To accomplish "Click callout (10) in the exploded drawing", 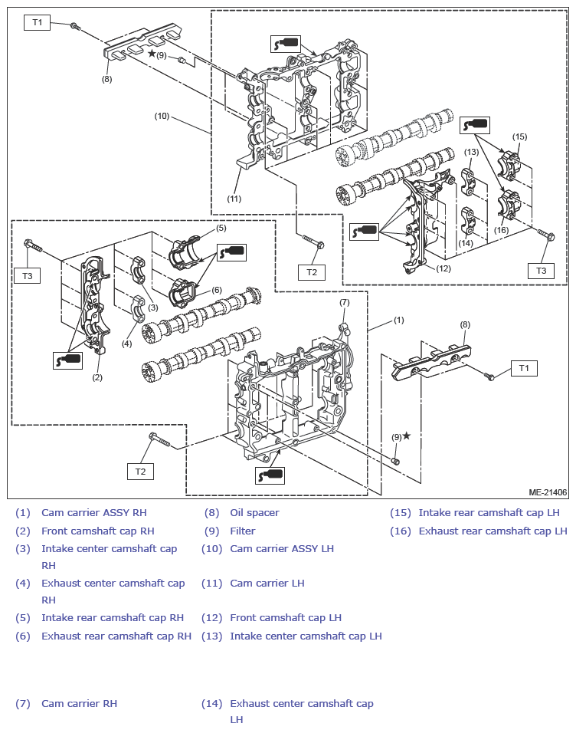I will coord(162,117).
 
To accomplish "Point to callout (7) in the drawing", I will coord(345,302).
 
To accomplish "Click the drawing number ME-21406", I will coord(548,492).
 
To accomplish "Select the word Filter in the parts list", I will coord(243,531).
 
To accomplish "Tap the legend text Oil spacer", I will coord(254,512).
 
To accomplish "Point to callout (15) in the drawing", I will coord(520,137).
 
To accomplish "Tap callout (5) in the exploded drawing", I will coord(221,228).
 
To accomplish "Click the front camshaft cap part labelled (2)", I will coord(91,307).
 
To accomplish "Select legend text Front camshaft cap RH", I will coord(98,531).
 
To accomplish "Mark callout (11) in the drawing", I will coord(234,199).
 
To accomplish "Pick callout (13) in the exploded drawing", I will coord(471,153).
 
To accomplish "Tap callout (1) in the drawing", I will coord(399,319).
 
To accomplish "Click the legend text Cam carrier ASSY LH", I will coord(282,548).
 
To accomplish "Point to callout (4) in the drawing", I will coord(126,344).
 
